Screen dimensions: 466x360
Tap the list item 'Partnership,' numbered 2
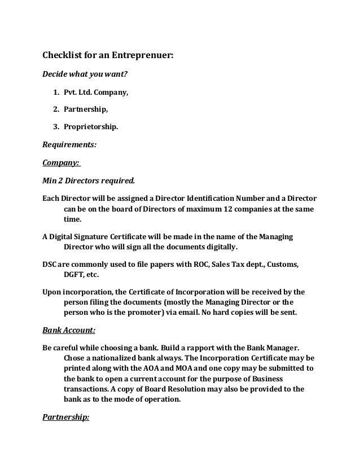pos(86,109)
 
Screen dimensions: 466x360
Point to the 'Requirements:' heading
pos(69,144)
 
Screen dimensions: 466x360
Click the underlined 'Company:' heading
pos(62,162)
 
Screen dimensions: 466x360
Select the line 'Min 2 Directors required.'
pos(89,181)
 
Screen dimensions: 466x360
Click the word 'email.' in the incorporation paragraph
pos(209,312)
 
